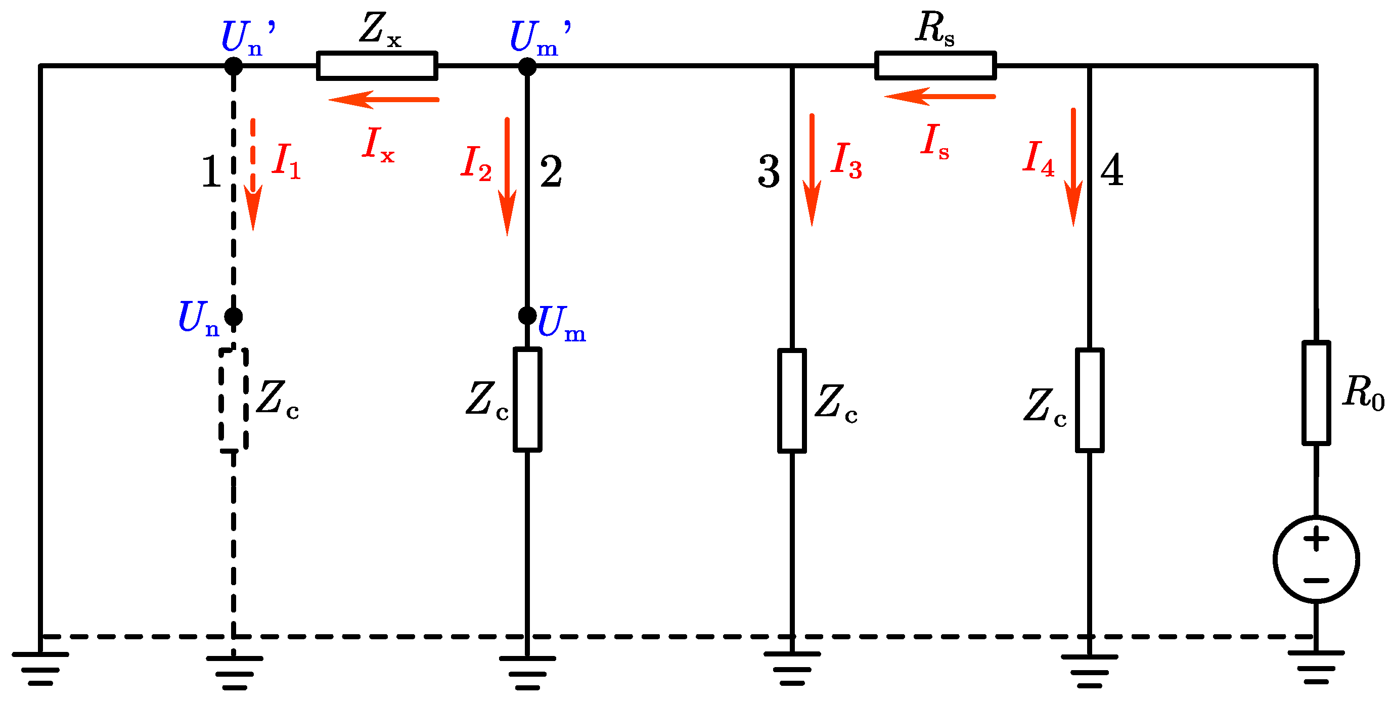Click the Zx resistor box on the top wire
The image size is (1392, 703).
pos(377,66)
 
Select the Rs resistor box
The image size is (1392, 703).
pos(935,66)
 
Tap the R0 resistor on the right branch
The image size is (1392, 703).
pos(1316,393)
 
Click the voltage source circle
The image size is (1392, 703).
pos(1316,559)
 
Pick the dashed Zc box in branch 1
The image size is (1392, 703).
pos(234,400)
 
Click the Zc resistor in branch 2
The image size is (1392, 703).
pos(527,400)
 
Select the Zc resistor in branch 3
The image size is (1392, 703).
pos(792,401)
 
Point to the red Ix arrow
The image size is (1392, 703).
pos(384,100)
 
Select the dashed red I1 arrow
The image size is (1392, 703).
pos(252,173)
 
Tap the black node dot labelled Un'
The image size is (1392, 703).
pos(234,66)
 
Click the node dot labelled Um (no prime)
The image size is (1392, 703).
pos(527,315)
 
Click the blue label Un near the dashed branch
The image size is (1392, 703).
pos(198,319)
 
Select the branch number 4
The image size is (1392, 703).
pos(1111,170)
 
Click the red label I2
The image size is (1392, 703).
pos(475,163)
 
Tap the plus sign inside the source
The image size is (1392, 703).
pos(1316,539)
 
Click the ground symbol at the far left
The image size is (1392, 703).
pos(40,669)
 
